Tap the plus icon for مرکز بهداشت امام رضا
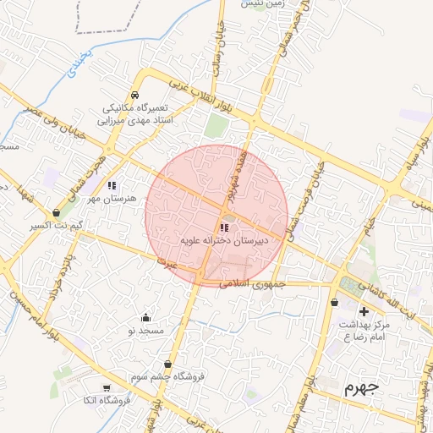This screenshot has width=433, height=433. point(364,311)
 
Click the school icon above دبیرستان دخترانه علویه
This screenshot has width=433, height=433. point(223,227)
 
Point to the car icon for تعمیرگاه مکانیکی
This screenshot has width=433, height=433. point(135,96)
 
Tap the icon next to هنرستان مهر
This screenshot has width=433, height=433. point(112,185)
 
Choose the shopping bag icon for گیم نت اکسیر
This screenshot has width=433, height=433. point(56,213)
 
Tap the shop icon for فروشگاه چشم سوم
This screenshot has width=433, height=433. point(168,364)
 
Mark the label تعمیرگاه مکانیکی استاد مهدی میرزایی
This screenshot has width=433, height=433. point(137,115)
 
